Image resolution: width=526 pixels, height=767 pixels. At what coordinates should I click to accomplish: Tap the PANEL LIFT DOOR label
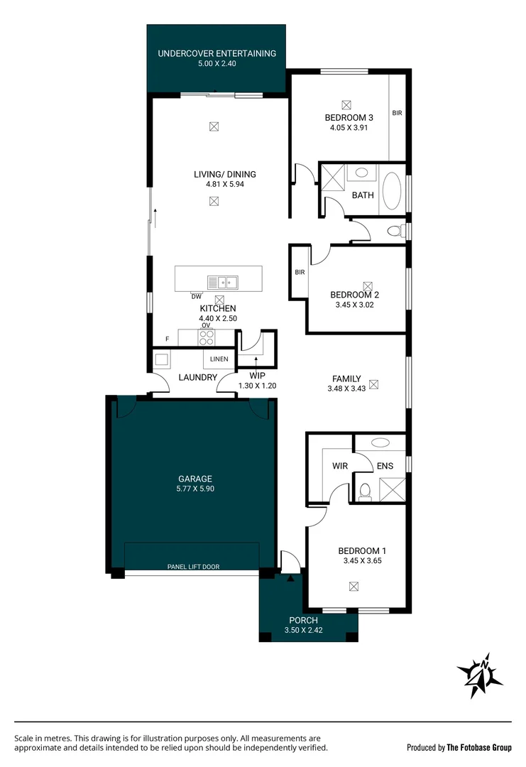click(193, 567)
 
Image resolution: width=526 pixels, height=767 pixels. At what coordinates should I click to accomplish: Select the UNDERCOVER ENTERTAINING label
click(217, 53)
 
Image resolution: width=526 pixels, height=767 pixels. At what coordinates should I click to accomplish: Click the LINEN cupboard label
click(219, 359)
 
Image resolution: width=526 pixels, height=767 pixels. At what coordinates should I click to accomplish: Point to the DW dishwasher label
click(196, 296)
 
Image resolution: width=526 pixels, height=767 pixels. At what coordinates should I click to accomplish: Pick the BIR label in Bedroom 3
click(398, 113)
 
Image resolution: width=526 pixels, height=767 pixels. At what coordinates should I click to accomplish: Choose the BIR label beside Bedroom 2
click(299, 272)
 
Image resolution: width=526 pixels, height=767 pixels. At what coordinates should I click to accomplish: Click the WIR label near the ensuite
click(339, 467)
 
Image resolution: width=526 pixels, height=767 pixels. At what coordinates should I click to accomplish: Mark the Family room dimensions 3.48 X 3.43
click(346, 388)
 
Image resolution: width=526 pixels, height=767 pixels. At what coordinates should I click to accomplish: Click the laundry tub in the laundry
click(161, 359)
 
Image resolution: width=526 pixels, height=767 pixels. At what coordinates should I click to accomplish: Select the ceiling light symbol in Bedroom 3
click(346, 103)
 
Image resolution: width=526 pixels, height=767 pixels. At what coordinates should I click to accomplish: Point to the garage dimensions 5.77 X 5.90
click(194, 489)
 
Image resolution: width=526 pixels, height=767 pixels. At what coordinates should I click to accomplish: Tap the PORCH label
click(303, 620)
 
